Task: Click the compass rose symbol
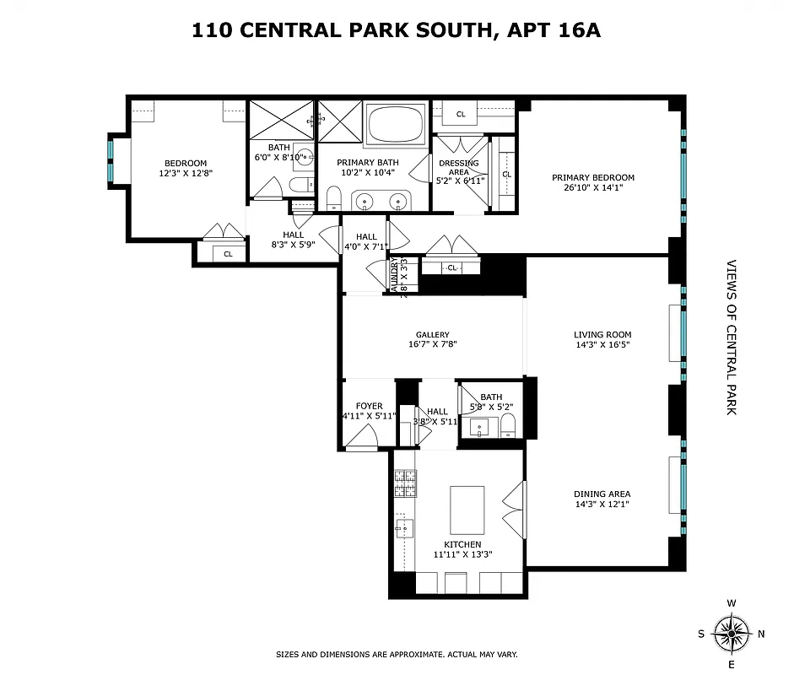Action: [731, 632]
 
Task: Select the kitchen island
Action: [467, 509]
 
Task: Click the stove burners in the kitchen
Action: [404, 483]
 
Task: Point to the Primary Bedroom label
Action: [592, 177]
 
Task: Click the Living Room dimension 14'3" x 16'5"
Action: [602, 344]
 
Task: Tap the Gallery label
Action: [432, 334]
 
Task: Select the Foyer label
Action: [369, 406]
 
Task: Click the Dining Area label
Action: [602, 494]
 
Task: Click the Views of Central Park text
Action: [731, 337]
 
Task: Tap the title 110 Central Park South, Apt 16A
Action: [396, 31]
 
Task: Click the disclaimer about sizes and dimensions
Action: [397, 654]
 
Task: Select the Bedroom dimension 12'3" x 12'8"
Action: [185, 174]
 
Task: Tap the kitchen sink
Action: [402, 530]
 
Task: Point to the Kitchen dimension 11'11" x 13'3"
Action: [463, 555]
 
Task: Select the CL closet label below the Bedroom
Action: [228, 253]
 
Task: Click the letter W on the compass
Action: [731, 603]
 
